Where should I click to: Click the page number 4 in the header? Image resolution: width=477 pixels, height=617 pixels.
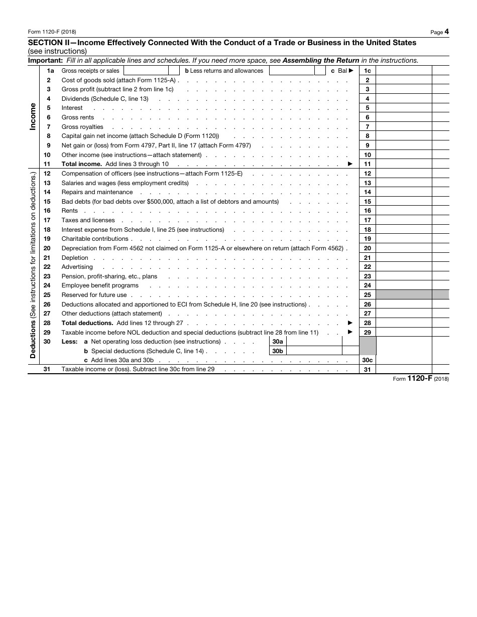click(x=446, y=32)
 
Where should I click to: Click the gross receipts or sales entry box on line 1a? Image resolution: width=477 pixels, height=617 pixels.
click(x=146, y=71)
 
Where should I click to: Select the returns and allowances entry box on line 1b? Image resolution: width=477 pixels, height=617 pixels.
click(x=292, y=71)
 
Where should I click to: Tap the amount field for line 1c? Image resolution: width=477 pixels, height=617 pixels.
click(x=403, y=71)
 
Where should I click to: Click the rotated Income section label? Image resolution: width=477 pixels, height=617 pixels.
click(x=33, y=117)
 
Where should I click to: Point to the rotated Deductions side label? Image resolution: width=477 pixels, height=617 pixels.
click(x=33, y=266)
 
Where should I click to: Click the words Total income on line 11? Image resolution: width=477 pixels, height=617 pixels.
click(x=82, y=164)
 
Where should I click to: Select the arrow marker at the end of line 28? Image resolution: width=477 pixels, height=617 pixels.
click(x=350, y=323)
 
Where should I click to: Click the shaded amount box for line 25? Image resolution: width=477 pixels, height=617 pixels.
click(x=403, y=295)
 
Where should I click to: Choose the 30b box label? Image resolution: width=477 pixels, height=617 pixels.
click(x=278, y=351)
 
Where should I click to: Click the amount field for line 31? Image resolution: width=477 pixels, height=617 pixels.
click(x=403, y=370)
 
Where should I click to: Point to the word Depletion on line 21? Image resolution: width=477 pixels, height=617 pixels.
click(x=75, y=258)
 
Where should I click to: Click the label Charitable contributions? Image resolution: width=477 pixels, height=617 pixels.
click(x=95, y=239)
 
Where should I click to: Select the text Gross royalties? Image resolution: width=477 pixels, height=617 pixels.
click(x=82, y=127)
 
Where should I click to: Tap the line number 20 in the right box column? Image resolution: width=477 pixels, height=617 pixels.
click(x=368, y=248)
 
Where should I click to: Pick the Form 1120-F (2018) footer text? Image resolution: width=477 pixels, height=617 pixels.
click(x=421, y=379)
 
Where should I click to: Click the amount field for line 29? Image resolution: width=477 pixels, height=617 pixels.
click(x=403, y=333)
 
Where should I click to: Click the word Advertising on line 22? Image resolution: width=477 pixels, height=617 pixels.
click(x=77, y=267)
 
